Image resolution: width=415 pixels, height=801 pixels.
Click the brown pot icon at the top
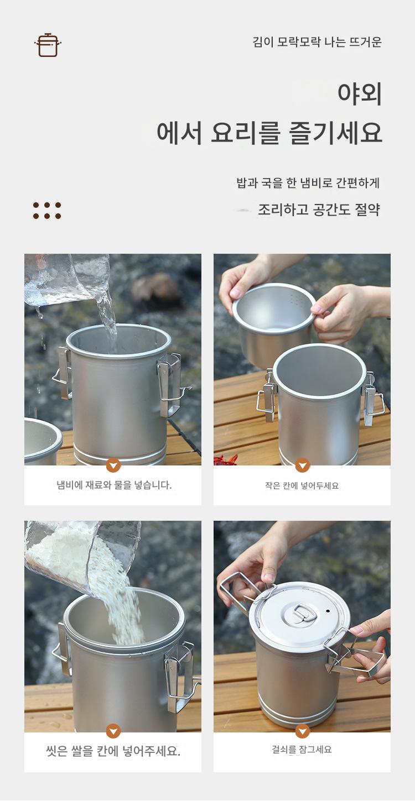[x=48, y=45]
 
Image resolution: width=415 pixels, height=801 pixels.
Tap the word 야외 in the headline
[x=360, y=93]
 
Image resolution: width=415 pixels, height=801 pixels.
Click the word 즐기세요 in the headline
[x=335, y=133]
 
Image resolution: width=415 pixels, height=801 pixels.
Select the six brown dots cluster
[x=47, y=210]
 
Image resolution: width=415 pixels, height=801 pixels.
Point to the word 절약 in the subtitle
[x=367, y=210]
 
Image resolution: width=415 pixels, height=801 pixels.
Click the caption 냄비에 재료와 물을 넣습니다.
[x=114, y=485]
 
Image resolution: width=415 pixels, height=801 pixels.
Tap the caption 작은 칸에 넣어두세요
[x=302, y=485]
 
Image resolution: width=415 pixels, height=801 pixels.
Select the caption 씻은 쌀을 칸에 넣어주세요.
[x=113, y=751]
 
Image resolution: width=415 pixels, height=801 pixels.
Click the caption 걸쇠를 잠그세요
[x=302, y=750]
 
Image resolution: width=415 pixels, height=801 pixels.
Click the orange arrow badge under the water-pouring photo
[x=113, y=465]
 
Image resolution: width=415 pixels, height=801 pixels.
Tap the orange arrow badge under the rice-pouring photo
[x=113, y=731]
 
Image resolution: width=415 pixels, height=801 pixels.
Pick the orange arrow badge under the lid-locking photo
[x=303, y=731]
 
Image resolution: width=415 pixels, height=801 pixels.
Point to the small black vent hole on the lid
[x=328, y=611]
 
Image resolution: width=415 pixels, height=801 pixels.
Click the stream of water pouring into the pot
[x=108, y=318]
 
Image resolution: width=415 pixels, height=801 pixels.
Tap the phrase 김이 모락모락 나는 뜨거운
[x=317, y=42]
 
